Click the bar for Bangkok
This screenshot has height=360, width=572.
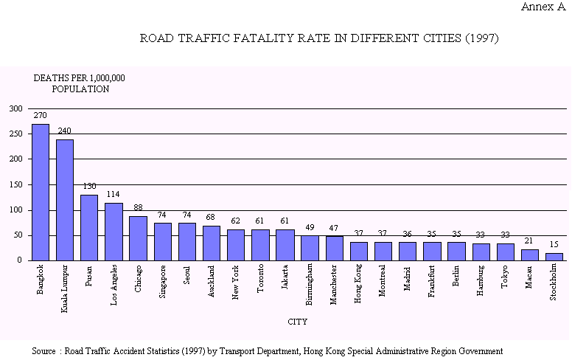coord(40,192)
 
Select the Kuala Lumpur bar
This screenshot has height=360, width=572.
coord(65,199)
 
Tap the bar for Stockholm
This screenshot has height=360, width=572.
coord(554,257)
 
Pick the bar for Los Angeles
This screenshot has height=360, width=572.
coord(114,231)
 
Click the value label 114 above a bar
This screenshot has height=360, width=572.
coord(113,195)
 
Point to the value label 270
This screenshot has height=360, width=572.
coord(40,116)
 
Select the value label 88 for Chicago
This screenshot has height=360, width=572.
coord(138,208)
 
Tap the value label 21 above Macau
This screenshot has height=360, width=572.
coord(529,242)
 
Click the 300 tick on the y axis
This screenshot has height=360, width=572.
coord(16,108)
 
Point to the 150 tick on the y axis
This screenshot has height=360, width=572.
coord(16,184)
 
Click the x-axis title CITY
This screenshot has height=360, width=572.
coord(298,322)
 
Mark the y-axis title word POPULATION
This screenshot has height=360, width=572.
coord(80,89)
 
